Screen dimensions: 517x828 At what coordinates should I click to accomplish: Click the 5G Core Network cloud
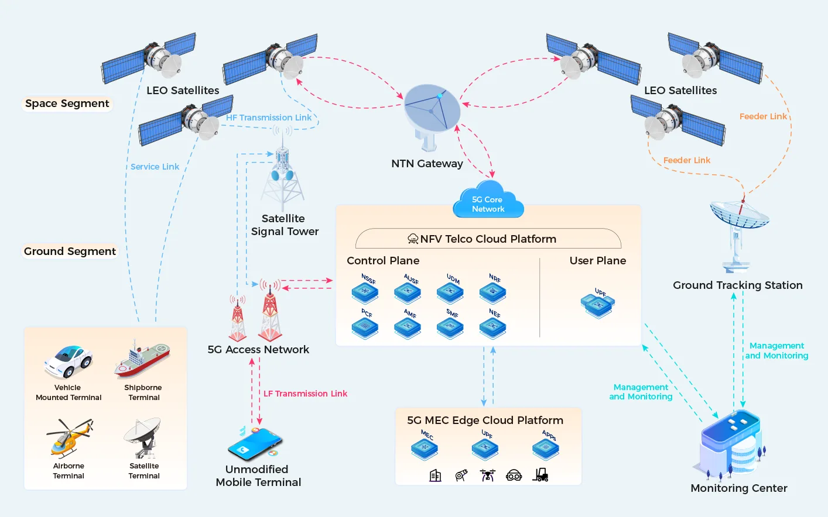point(488,203)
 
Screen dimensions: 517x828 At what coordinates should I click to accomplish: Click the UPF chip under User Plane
point(598,304)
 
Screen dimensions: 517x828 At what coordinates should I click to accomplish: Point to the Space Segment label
point(67,104)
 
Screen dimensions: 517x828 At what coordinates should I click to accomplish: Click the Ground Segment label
point(70,251)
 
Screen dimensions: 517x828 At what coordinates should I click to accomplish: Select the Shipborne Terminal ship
point(142,360)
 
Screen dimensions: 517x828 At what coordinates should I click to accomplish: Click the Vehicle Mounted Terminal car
point(69,361)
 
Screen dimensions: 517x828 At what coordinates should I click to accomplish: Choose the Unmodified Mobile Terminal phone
point(254,444)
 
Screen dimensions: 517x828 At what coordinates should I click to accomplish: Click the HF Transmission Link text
point(269,118)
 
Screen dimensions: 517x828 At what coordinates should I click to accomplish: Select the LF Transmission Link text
point(305,394)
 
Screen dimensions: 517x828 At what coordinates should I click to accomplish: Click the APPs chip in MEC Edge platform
point(546,447)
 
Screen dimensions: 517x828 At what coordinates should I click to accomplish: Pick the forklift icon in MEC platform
point(540,475)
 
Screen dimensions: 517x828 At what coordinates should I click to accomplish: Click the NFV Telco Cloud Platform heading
point(488,239)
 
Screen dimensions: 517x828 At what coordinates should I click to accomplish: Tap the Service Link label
point(155,167)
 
